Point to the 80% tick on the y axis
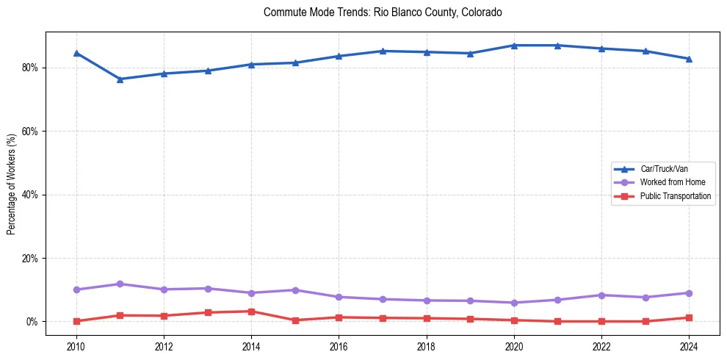[31, 68]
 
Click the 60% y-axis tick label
[31, 132]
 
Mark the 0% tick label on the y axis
[33, 322]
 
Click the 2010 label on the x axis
[76, 346]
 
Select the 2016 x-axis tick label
[339, 346]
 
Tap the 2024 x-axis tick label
[689, 346]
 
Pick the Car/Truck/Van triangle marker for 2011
[120, 79]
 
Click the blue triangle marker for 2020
[514, 46]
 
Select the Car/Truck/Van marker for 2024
[689, 59]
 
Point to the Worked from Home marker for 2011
[120, 284]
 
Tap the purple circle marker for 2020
[514, 303]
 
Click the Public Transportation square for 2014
[251, 312]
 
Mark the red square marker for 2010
[76, 321]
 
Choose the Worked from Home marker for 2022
[601, 295]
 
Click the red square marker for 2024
[689, 317]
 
